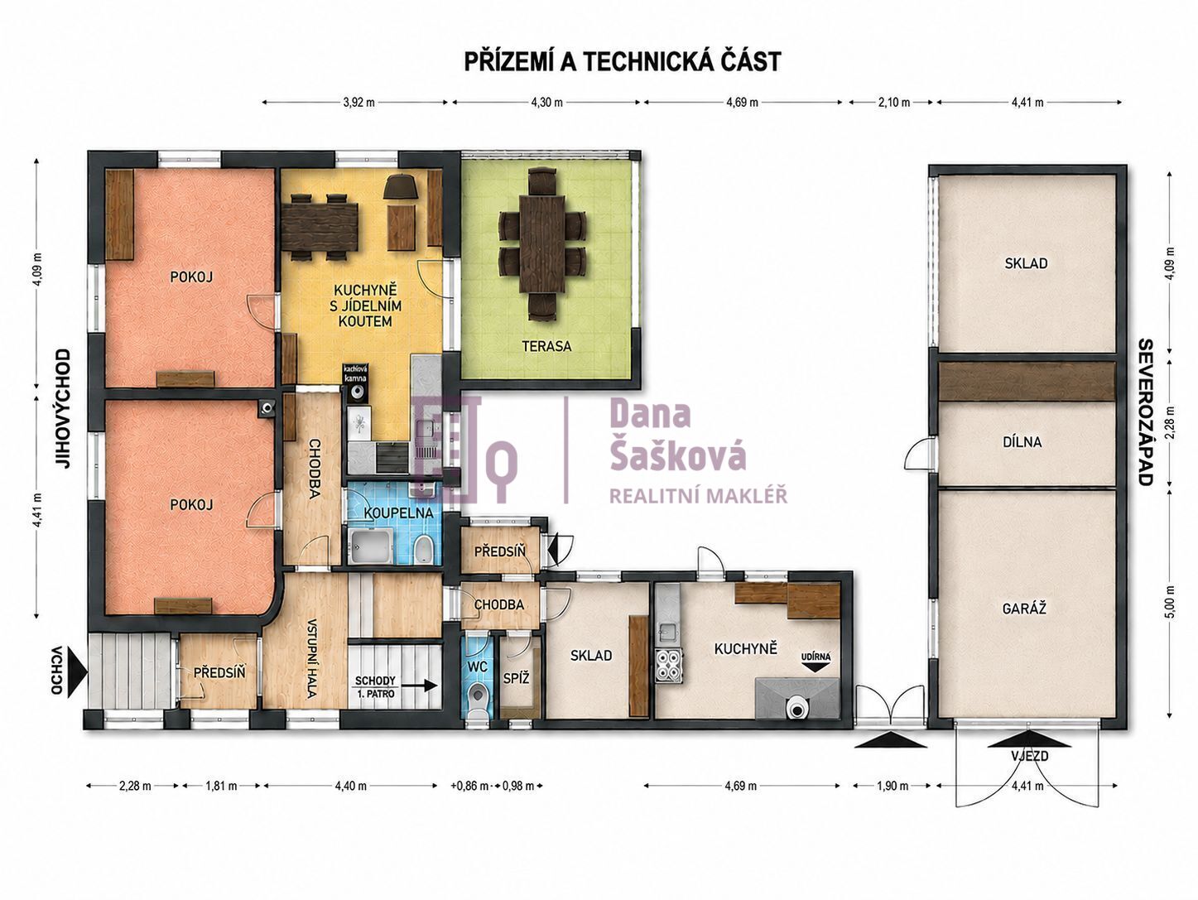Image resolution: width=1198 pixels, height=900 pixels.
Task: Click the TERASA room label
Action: pyautogui.click(x=546, y=346)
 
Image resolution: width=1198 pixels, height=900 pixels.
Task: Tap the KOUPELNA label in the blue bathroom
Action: pyautogui.click(x=398, y=513)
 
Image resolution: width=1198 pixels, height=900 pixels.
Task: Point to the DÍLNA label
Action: pyautogui.click(x=1022, y=442)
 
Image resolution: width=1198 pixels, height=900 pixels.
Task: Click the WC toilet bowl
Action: pyautogui.click(x=479, y=700)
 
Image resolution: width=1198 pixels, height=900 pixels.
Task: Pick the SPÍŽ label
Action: pyautogui.click(x=516, y=679)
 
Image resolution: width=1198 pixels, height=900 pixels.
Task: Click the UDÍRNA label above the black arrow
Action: pyautogui.click(x=816, y=657)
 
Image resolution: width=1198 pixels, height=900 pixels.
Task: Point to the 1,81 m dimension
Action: pyautogui.click(x=221, y=786)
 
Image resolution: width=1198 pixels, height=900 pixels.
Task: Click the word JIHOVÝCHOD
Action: pyautogui.click(x=64, y=409)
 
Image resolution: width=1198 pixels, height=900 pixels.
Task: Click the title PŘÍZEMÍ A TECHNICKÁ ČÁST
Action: pyautogui.click(x=623, y=62)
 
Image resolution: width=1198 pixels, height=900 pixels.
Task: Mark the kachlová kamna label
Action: pyautogui.click(x=355, y=373)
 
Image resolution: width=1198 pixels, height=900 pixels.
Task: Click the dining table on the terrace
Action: pyautogui.click(x=542, y=237)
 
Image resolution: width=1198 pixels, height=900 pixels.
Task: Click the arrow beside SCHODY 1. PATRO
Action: pyautogui.click(x=420, y=686)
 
